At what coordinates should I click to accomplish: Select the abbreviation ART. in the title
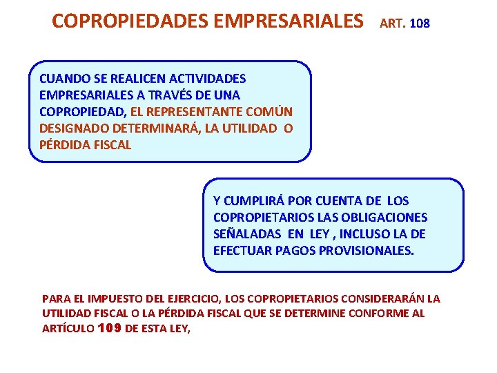coord(393,23)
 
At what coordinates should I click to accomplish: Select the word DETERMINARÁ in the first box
coord(148,128)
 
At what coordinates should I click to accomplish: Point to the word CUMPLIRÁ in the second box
coord(255,201)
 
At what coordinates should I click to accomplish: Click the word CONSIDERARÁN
coord(379,298)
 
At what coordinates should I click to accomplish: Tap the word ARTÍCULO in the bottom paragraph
coord(67,329)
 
